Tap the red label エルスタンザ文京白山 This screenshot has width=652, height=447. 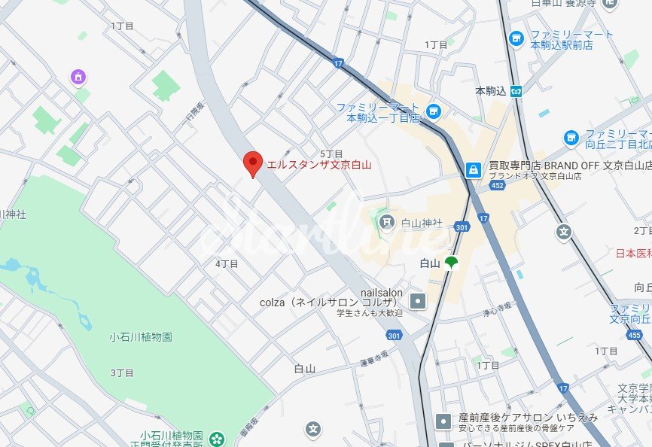(x=319, y=165)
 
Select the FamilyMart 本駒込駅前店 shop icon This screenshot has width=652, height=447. (x=516, y=39)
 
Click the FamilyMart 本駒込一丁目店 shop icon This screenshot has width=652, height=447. (x=433, y=112)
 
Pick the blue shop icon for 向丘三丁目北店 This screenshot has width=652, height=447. (x=571, y=138)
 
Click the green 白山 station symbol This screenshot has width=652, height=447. (x=451, y=263)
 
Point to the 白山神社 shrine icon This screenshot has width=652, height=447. (x=387, y=222)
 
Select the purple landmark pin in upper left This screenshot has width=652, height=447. (x=78, y=77)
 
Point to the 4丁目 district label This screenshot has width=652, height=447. (x=227, y=263)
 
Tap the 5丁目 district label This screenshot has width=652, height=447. (x=331, y=154)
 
